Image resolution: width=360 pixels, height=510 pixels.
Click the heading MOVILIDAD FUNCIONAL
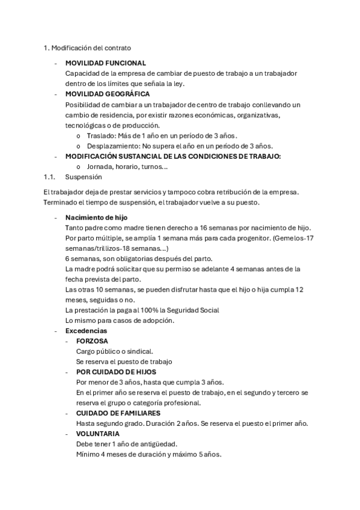[105, 63]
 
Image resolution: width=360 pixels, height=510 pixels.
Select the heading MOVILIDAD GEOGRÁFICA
[107, 94]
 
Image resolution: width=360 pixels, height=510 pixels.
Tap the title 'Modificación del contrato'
[91, 48]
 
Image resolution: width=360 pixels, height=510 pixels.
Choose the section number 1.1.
[49, 177]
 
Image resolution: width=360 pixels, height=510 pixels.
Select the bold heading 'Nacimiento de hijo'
[96, 217]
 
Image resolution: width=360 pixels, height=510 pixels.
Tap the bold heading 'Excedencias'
[86, 331]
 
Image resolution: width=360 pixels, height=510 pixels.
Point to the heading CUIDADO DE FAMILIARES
[118, 413]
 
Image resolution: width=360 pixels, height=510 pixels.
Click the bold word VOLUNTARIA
[97, 434]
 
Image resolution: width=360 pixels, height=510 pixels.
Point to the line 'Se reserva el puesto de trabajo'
[124, 361]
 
